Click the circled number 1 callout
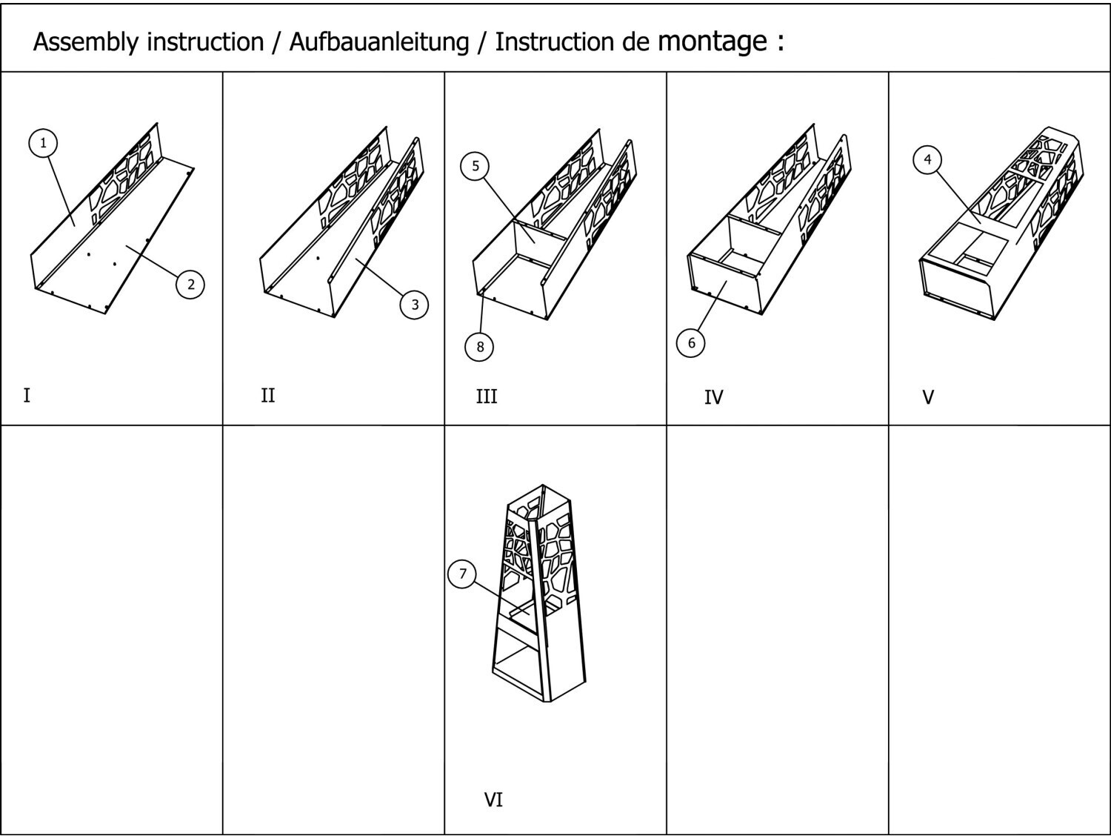44,142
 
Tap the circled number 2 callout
190,284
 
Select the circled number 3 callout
415,304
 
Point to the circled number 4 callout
927,159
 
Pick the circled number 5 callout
476,166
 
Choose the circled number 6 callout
691,342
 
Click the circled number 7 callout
463,574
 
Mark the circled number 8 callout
480,346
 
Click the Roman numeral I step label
27,395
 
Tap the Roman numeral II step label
268,395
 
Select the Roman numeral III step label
487,397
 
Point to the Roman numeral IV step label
713,398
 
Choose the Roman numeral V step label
928,398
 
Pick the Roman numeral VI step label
493,800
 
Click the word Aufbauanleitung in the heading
378,42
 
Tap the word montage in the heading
713,41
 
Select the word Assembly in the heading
86,42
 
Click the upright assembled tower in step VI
539,593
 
